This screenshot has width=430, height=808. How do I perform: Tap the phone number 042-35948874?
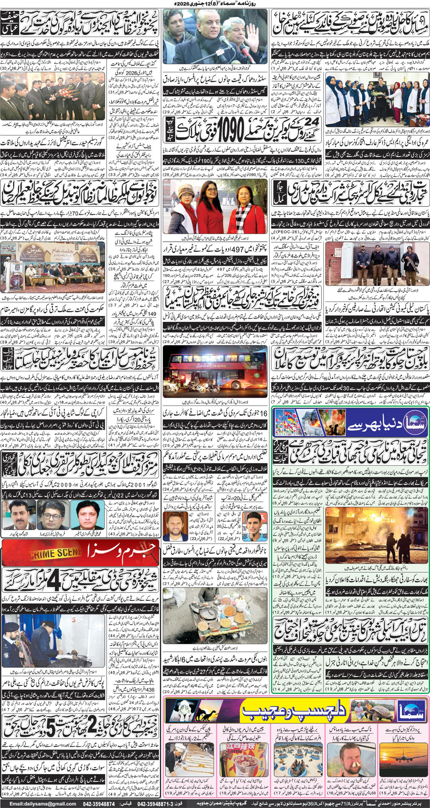pos(104,804)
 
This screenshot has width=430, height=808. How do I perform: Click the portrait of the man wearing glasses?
pos(52,514)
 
